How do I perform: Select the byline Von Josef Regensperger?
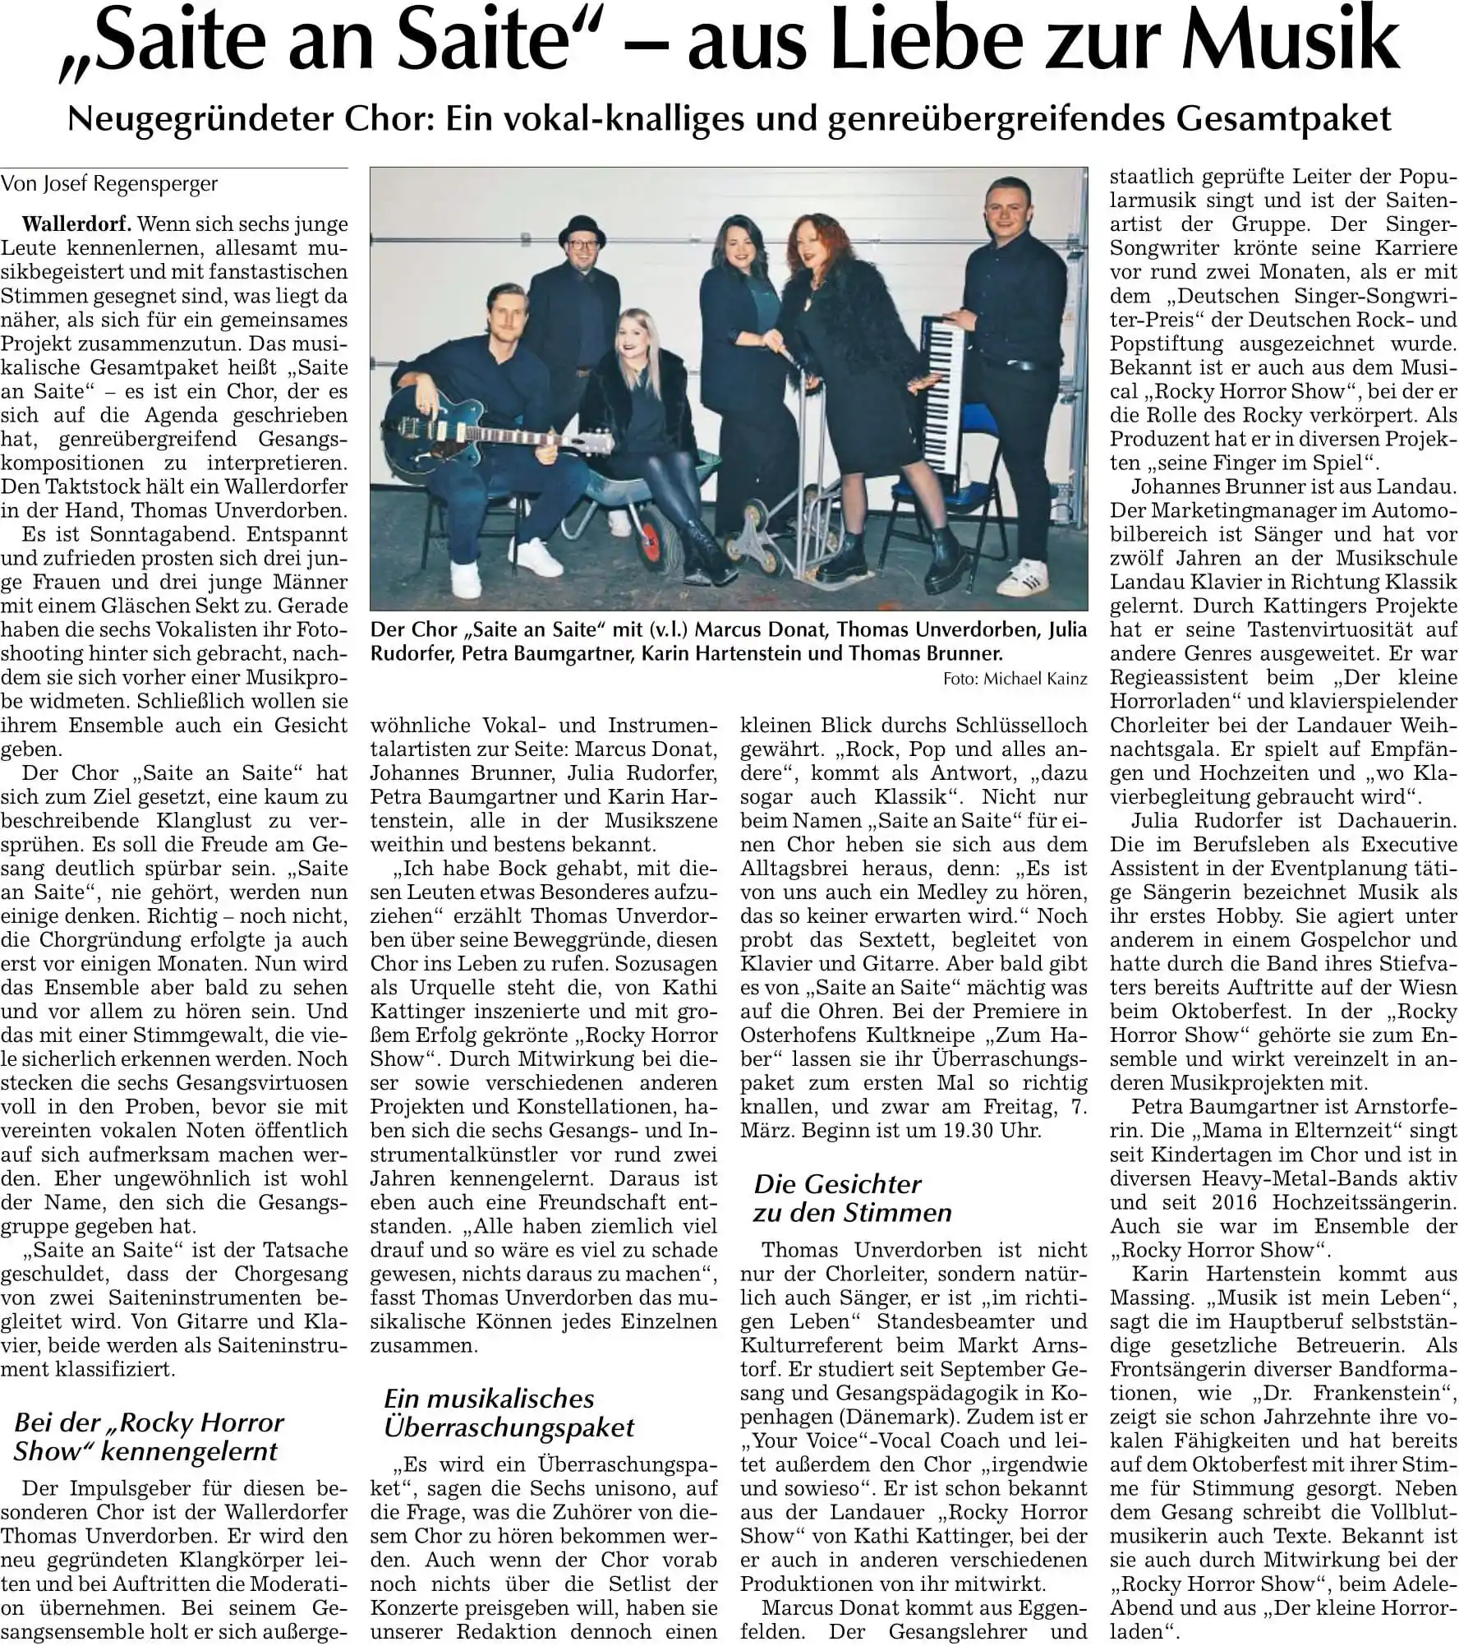109,184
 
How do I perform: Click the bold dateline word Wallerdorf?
79,224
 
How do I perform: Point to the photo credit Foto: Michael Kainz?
1015,679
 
